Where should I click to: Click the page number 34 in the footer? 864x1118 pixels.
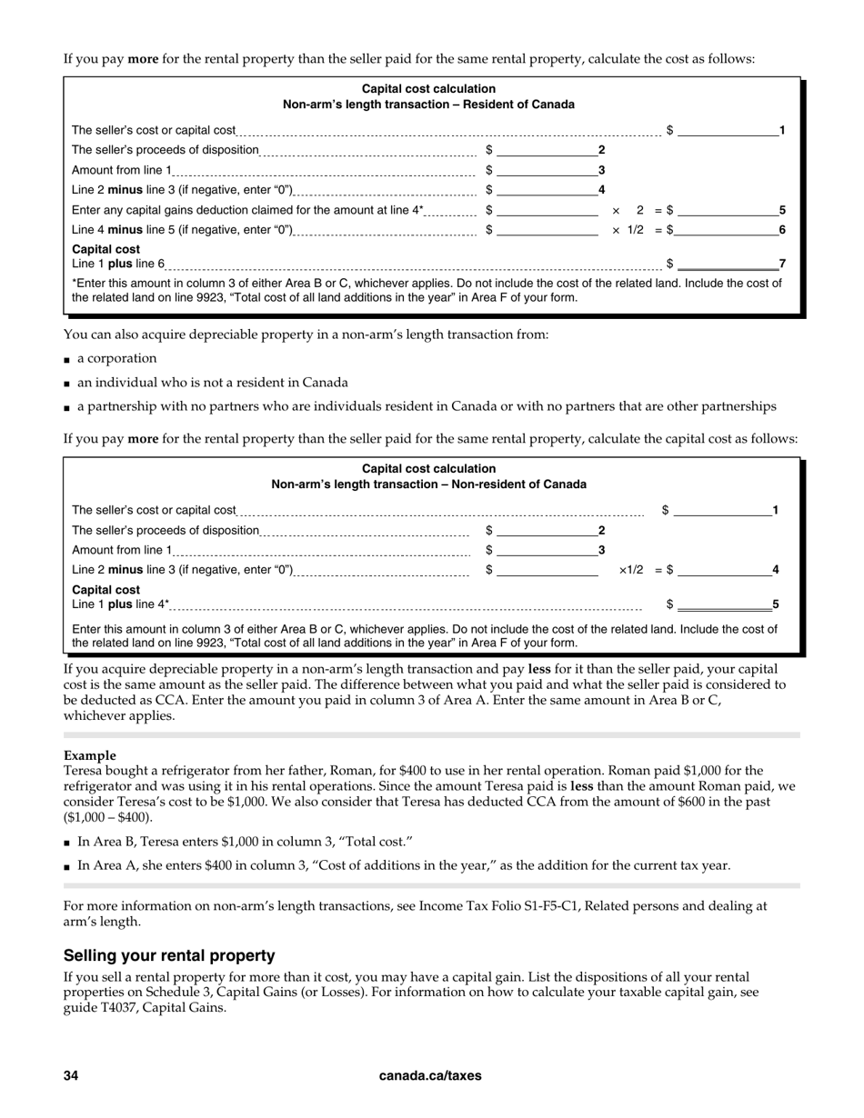pyautogui.click(x=71, y=1075)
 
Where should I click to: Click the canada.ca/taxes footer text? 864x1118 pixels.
pyautogui.click(x=430, y=1075)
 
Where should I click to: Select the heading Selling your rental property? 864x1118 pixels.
pyautogui.click(x=169, y=955)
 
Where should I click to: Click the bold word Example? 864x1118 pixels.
pyautogui.click(x=90, y=755)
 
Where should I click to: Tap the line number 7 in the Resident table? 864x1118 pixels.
pyautogui.click(x=782, y=264)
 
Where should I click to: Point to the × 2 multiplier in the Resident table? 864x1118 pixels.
pyautogui.click(x=628, y=210)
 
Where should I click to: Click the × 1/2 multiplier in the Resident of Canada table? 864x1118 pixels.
pyautogui.click(x=628, y=230)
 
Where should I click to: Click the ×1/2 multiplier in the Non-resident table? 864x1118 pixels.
pyautogui.click(x=631, y=570)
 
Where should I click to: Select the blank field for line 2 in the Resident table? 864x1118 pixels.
pyautogui.click(x=547, y=150)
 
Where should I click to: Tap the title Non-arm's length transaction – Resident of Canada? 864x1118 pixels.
pyautogui.click(x=428, y=105)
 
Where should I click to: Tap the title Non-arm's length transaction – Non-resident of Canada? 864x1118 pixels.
pyautogui.click(x=428, y=484)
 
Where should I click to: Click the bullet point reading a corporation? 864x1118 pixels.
pyautogui.click(x=116, y=358)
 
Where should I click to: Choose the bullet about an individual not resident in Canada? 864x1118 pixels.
pyautogui.click(x=212, y=382)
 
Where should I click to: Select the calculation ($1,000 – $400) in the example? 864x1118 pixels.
pyautogui.click(x=107, y=817)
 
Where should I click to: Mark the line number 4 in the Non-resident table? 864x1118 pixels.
pyautogui.click(x=776, y=570)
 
